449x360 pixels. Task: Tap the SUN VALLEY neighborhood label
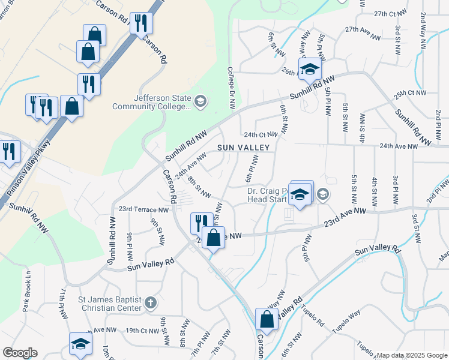pyautogui.click(x=243, y=147)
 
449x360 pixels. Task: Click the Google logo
pyautogui.click(x=20, y=353)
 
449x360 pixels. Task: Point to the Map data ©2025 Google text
pyautogui.click(x=412, y=355)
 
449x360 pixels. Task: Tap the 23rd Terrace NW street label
pyautogui.click(x=143, y=209)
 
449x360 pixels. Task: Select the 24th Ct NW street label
pyautogui.click(x=260, y=134)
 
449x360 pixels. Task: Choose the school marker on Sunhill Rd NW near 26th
pyautogui.click(x=310, y=68)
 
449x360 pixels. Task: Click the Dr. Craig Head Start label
pyautogui.click(x=267, y=196)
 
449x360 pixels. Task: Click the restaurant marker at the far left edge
pyautogui.click(x=8, y=151)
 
